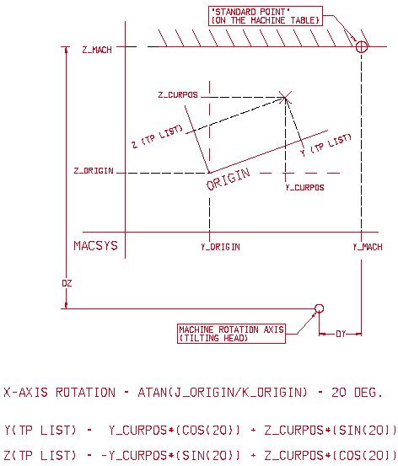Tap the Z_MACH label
(97, 50)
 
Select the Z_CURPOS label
(178, 95)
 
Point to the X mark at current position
(285, 97)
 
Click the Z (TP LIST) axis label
(157, 137)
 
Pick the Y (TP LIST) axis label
(326, 145)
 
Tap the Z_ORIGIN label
(94, 171)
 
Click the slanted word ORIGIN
(229, 179)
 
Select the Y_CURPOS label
(304, 188)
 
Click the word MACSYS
(95, 246)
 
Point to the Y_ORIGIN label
(220, 247)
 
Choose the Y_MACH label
(368, 247)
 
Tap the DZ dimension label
(67, 283)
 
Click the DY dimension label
(341, 334)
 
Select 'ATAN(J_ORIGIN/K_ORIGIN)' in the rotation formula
(223, 393)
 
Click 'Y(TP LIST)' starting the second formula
(40, 430)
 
